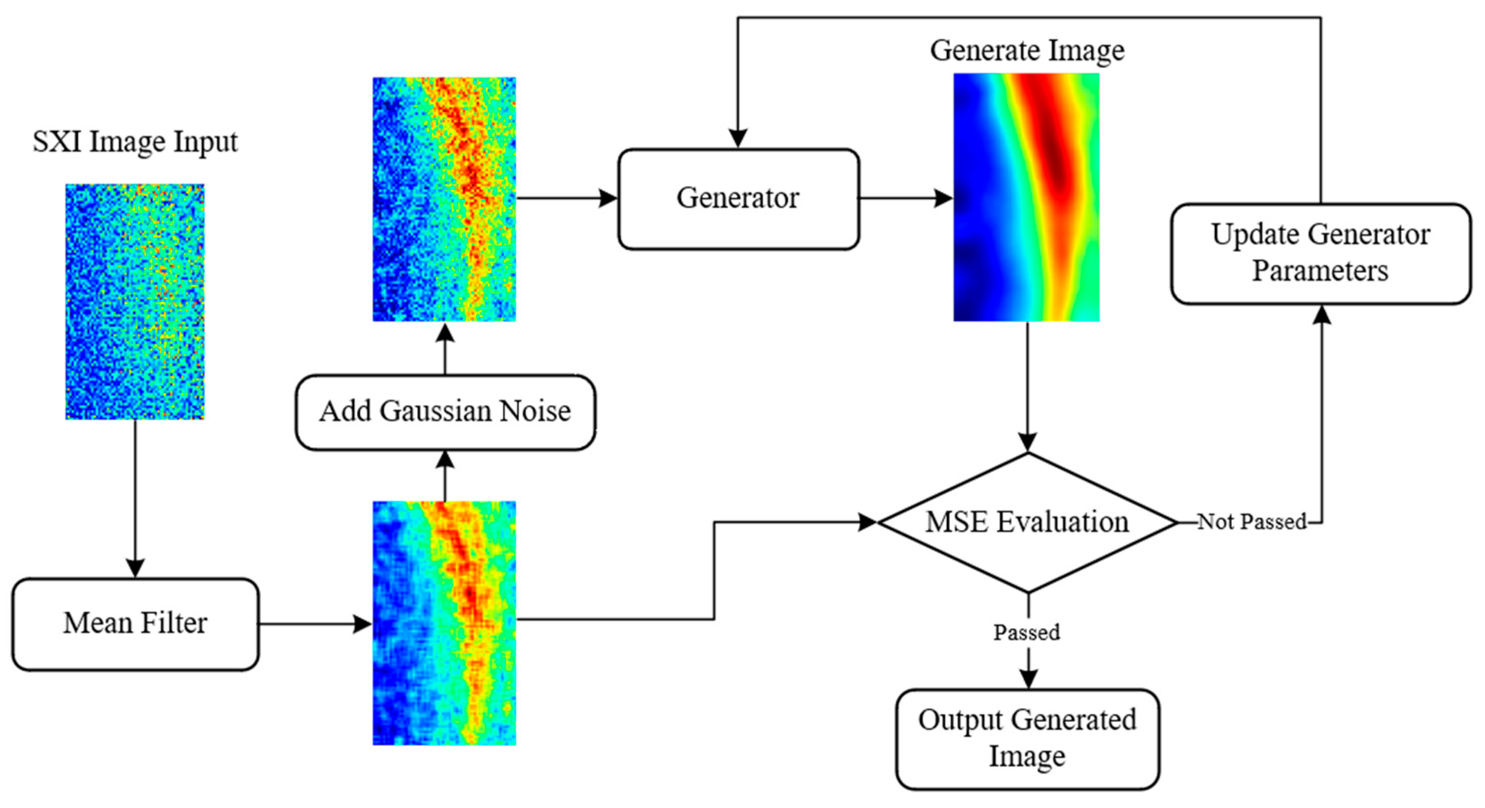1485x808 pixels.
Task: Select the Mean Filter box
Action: (x=135, y=624)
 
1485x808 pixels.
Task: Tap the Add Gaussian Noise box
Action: (x=445, y=412)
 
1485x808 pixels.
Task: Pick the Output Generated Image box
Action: (x=1027, y=739)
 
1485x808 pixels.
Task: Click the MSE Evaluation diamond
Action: (x=1027, y=523)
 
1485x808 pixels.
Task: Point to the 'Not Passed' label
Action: (x=1252, y=522)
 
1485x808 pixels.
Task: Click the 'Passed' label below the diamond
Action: (x=1027, y=633)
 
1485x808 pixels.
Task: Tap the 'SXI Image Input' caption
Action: (x=135, y=142)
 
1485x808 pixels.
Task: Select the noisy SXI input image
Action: (x=135, y=301)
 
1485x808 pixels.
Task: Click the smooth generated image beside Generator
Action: (x=1026, y=197)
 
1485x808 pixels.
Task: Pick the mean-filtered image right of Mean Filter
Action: (x=444, y=623)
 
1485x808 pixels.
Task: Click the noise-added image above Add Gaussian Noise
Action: (x=444, y=199)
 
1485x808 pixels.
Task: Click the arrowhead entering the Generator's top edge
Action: (x=738, y=139)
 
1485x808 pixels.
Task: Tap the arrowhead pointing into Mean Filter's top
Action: (x=135, y=568)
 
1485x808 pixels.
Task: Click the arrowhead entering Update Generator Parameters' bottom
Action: (x=1321, y=315)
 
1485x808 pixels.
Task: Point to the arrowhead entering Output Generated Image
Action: (x=1028, y=679)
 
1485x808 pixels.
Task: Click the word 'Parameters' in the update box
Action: (x=1320, y=271)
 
